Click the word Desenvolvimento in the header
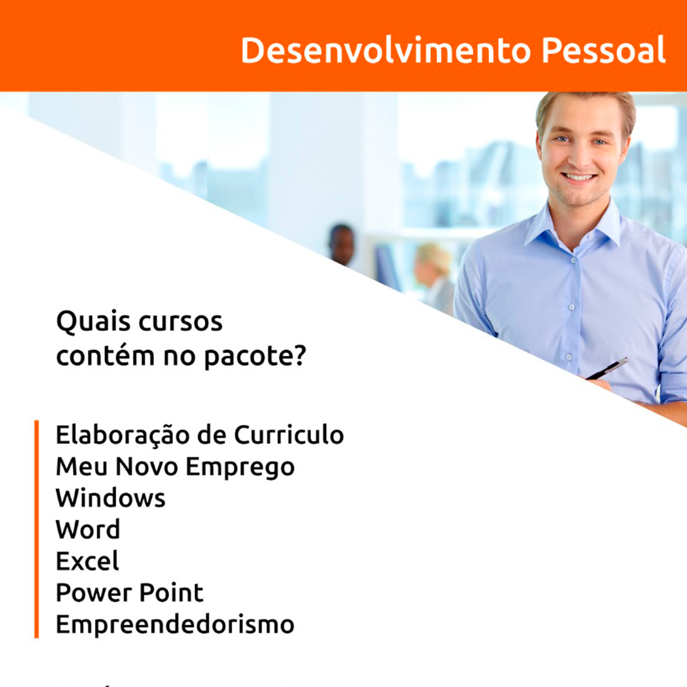coord(386,50)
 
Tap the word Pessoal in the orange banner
coord(604,50)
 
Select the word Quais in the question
coord(94,322)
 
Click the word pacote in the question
coord(247,357)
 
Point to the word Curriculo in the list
coord(289,435)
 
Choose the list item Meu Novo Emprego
coord(176,468)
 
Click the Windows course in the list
coord(111,498)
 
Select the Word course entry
coord(88,529)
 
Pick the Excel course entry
coord(88,561)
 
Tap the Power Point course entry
coord(130,593)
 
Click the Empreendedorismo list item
coord(176,625)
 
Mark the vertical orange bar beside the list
coord(37,529)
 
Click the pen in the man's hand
coord(607,369)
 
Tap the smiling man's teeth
coord(579,177)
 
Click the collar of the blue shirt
coord(572,228)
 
